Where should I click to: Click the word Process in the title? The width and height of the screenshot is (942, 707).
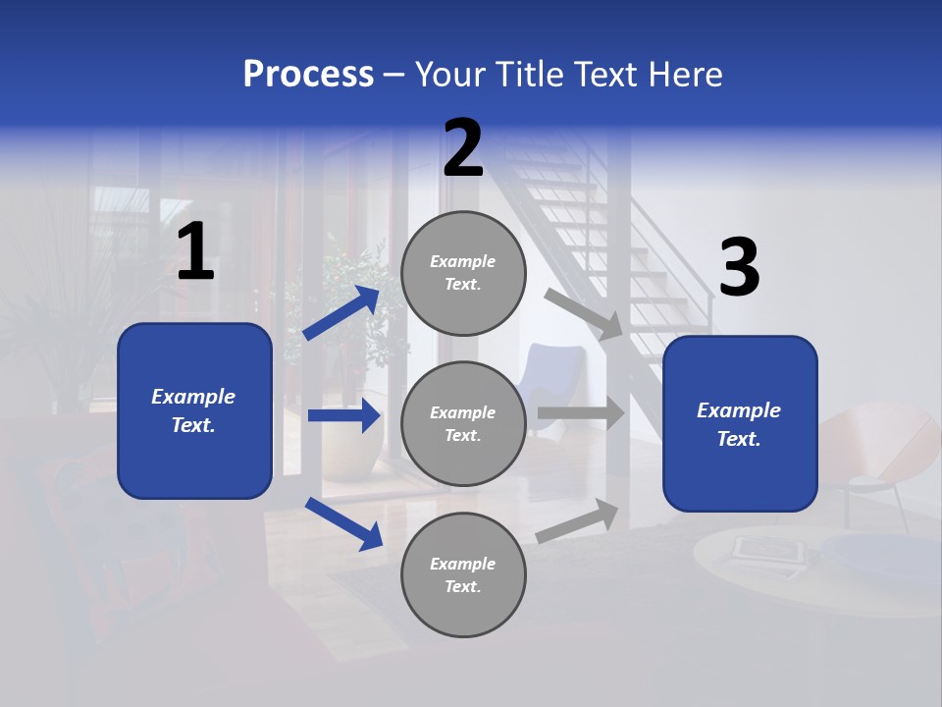point(308,75)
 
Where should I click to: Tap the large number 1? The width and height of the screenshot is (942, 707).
point(195,252)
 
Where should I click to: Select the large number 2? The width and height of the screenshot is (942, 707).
point(463,149)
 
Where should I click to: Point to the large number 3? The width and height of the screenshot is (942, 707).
point(739,268)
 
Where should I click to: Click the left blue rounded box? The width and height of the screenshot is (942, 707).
point(194,410)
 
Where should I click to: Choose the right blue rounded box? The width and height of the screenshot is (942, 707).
point(740,423)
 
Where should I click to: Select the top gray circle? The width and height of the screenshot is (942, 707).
point(463,273)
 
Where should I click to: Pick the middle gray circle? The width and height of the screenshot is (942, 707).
point(463,423)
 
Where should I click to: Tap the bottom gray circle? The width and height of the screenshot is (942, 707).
point(463,574)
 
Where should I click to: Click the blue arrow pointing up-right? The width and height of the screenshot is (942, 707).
point(341,313)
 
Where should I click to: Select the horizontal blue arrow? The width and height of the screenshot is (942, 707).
point(343,415)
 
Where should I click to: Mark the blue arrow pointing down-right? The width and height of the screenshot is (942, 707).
point(343,522)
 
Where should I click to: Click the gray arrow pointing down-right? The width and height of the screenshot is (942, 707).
point(584,313)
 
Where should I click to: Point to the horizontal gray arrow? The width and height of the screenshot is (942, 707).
point(580,412)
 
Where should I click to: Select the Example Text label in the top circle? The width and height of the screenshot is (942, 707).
point(463,273)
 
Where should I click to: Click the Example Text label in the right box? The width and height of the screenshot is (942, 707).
point(739,424)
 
